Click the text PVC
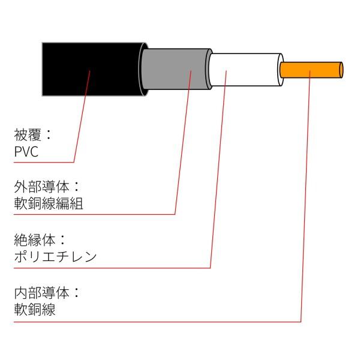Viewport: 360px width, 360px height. [26, 152]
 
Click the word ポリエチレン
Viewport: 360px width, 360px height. [55, 257]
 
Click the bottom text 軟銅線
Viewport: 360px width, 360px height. [34, 310]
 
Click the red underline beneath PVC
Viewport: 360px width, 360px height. [42, 162]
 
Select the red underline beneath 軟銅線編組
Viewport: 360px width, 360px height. [90, 214]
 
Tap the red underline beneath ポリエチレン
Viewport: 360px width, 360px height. [108, 268]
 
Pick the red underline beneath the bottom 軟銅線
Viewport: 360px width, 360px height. [150, 321]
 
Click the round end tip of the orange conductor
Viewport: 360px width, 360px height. [341, 70]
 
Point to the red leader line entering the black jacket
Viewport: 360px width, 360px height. [83, 108]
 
